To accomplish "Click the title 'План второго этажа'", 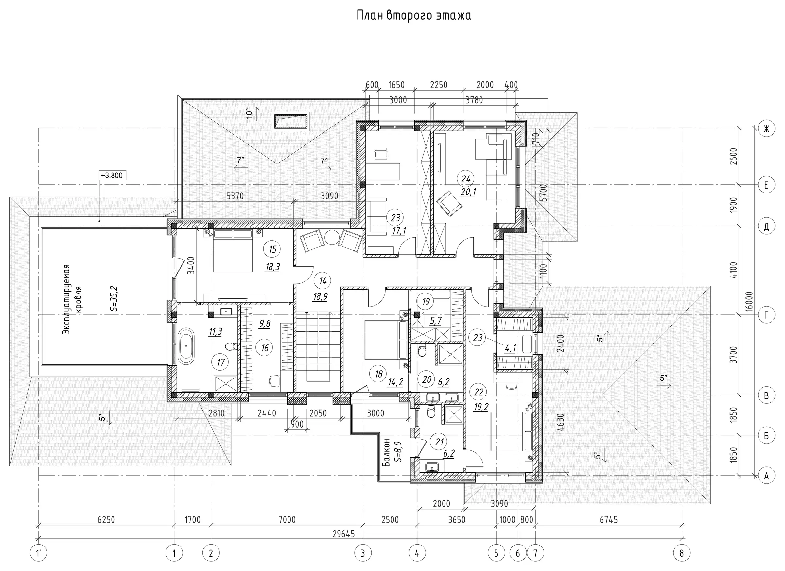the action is click(414, 16).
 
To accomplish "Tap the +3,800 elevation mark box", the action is click(112, 175).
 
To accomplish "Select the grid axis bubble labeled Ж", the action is click(766, 129).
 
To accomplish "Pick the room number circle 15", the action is click(272, 249).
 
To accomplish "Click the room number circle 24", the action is click(465, 179).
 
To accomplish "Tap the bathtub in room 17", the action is click(186, 345).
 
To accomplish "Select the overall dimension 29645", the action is click(344, 534).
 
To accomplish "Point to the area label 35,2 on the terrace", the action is click(114, 299).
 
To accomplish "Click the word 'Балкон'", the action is click(387, 452).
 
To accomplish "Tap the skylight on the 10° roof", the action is click(291, 121).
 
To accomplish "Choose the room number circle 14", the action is click(323, 281).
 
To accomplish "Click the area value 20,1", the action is click(468, 192).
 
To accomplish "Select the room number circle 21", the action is click(439, 442).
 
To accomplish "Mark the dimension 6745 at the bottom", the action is click(608, 520).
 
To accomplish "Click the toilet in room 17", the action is click(230, 345).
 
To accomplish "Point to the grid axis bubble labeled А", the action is click(766, 476).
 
